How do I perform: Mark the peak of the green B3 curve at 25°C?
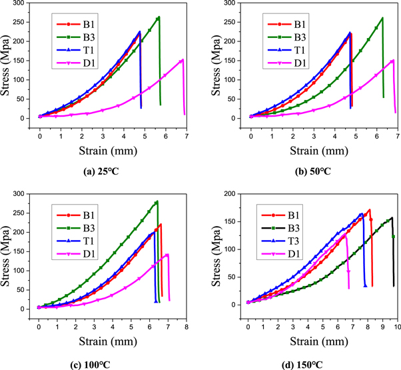[x=159, y=17]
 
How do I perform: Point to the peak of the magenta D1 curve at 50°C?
[x=393, y=61]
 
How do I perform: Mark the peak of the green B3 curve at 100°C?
[x=157, y=201]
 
